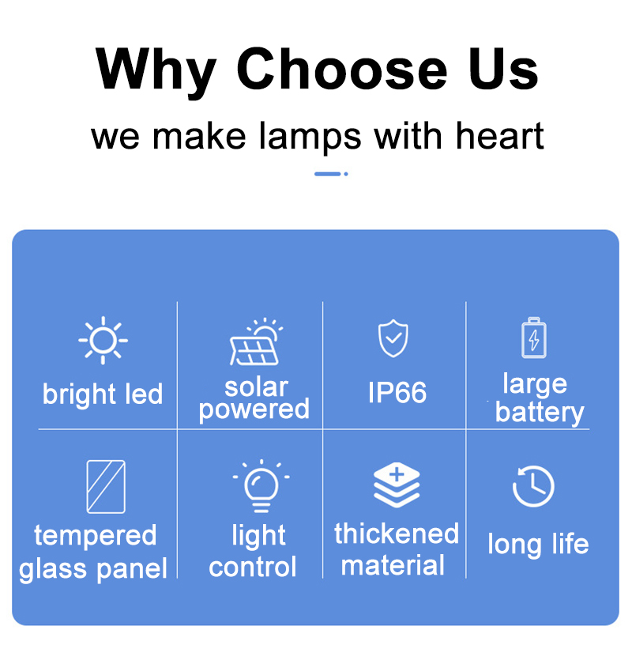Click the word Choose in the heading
pyautogui.click(x=341, y=69)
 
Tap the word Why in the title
pyautogui.click(x=156, y=72)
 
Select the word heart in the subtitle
pyautogui.click(x=499, y=135)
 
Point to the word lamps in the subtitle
pyautogui.click(x=310, y=138)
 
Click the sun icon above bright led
pyautogui.click(x=103, y=340)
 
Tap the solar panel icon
pyautogui.click(x=255, y=341)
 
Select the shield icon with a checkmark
pyautogui.click(x=393, y=338)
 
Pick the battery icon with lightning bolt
pyautogui.click(x=533, y=338)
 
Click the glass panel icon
pyautogui.click(x=106, y=487)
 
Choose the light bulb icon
pyautogui.click(x=261, y=486)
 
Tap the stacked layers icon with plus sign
pyautogui.click(x=397, y=485)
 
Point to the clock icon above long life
pyautogui.click(x=533, y=486)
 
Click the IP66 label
pyautogui.click(x=397, y=392)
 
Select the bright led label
pyautogui.click(x=103, y=395)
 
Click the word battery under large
pyautogui.click(x=540, y=413)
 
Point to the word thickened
pyautogui.click(x=397, y=534)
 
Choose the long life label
pyautogui.click(x=538, y=545)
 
